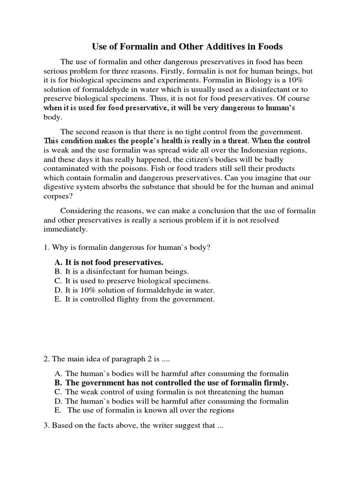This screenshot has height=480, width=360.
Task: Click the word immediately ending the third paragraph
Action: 65,230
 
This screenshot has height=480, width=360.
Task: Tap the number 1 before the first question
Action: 45,247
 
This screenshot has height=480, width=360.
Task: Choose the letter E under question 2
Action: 58,411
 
